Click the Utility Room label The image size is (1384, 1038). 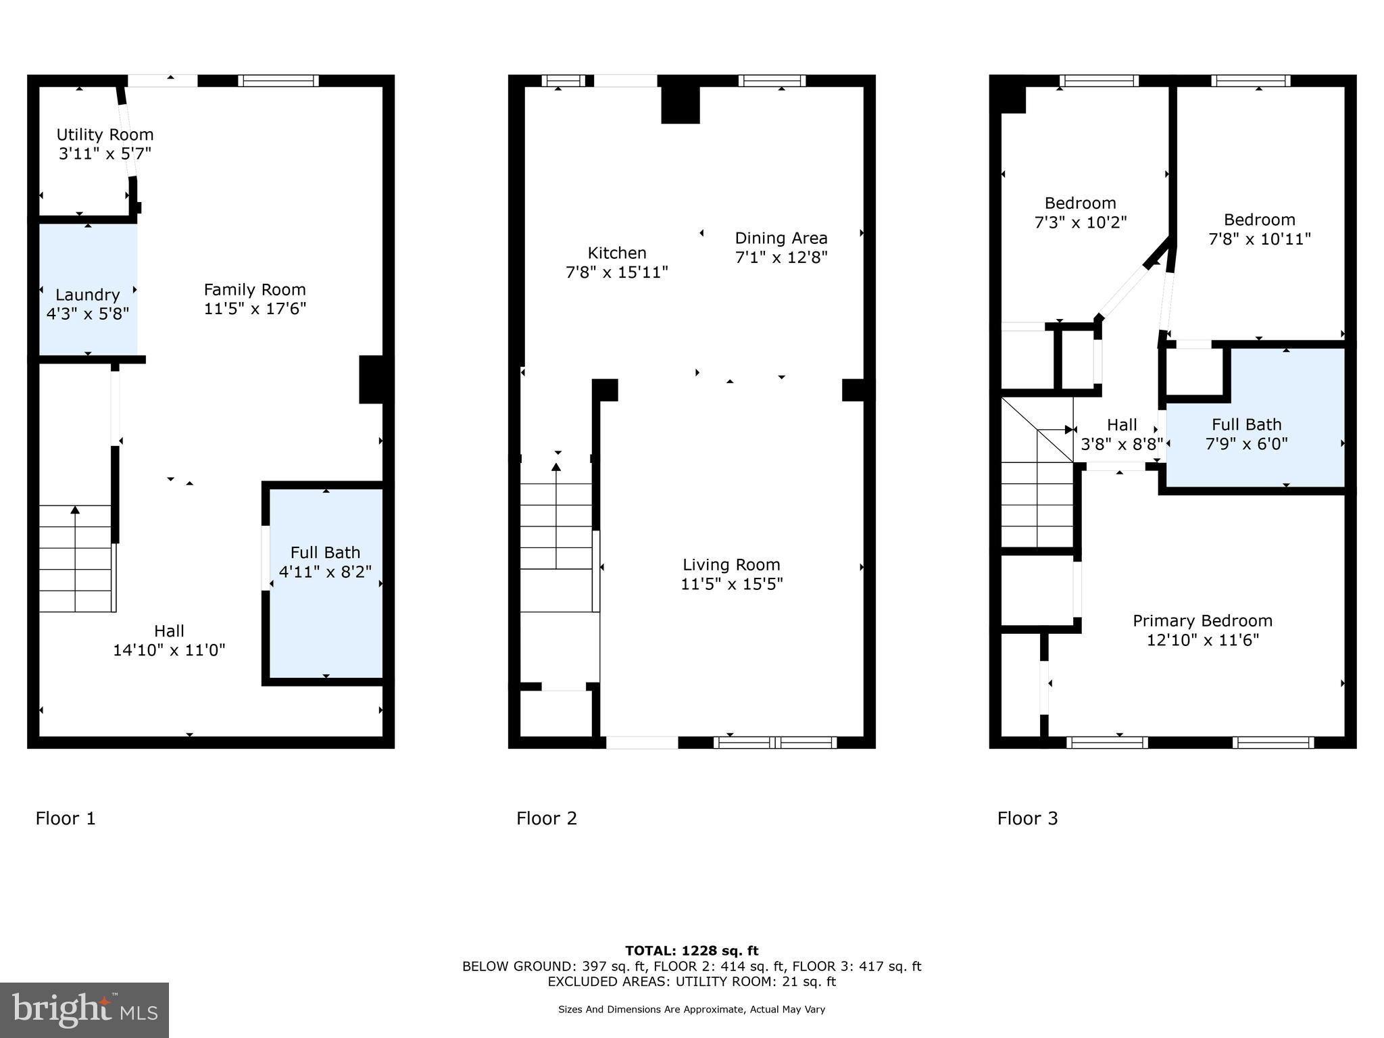[x=105, y=135]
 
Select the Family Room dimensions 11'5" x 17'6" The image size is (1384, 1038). [x=255, y=309]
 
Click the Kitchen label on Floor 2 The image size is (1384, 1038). [x=616, y=253]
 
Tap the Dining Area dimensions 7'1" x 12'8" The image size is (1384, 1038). [x=781, y=257]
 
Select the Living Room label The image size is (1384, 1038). [x=731, y=565]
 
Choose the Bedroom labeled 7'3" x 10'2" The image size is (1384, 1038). [x=1080, y=213]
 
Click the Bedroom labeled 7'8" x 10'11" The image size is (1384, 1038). [x=1259, y=229]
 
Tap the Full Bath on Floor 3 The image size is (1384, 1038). [x=1247, y=434]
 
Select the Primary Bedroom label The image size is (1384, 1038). [x=1202, y=621]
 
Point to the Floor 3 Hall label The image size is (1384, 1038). [x=1122, y=425]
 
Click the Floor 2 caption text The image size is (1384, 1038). [x=546, y=818]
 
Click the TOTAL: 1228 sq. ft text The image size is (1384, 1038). [x=691, y=951]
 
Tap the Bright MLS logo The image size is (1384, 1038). [x=84, y=1010]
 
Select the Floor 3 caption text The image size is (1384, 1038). [x=1027, y=818]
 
